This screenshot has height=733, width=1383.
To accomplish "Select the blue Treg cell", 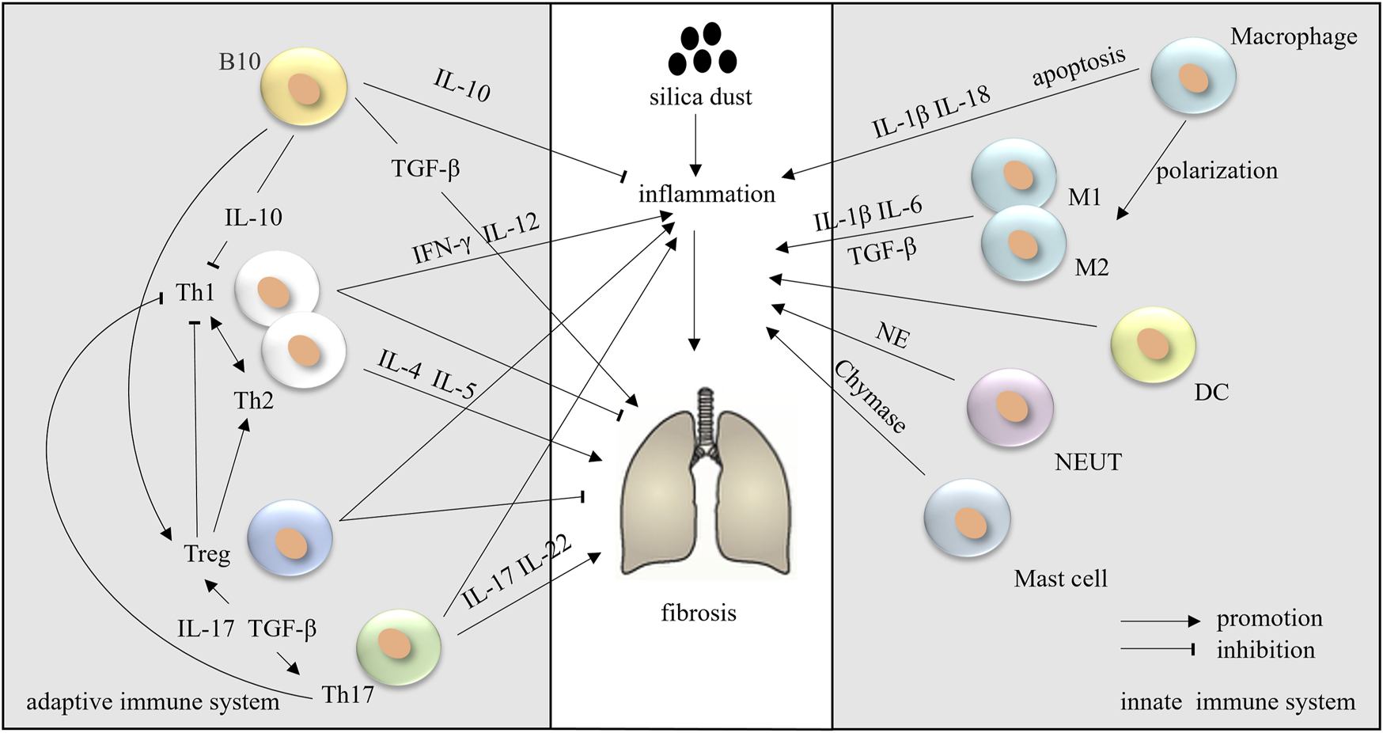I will click(290, 537).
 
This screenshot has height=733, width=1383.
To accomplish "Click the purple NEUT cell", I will click(1010, 406).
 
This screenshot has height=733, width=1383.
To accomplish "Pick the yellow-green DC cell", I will click(1153, 344).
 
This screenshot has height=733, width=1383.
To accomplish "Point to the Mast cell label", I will click(1060, 579).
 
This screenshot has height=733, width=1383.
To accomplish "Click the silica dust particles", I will click(701, 49).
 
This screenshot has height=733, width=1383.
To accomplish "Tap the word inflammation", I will click(707, 194).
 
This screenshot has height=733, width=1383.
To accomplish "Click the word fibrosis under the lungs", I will click(699, 613).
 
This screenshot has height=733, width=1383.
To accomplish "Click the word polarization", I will click(1217, 171).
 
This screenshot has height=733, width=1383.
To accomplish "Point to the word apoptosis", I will click(1078, 67).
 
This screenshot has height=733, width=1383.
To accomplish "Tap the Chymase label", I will click(870, 397).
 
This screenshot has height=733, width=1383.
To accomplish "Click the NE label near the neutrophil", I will click(892, 336).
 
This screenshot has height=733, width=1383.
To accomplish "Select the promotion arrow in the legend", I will click(1160, 622).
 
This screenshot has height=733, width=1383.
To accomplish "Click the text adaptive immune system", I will click(153, 702).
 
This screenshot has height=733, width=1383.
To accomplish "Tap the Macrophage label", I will click(1294, 36).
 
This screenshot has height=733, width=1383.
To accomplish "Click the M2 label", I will click(1091, 268).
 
